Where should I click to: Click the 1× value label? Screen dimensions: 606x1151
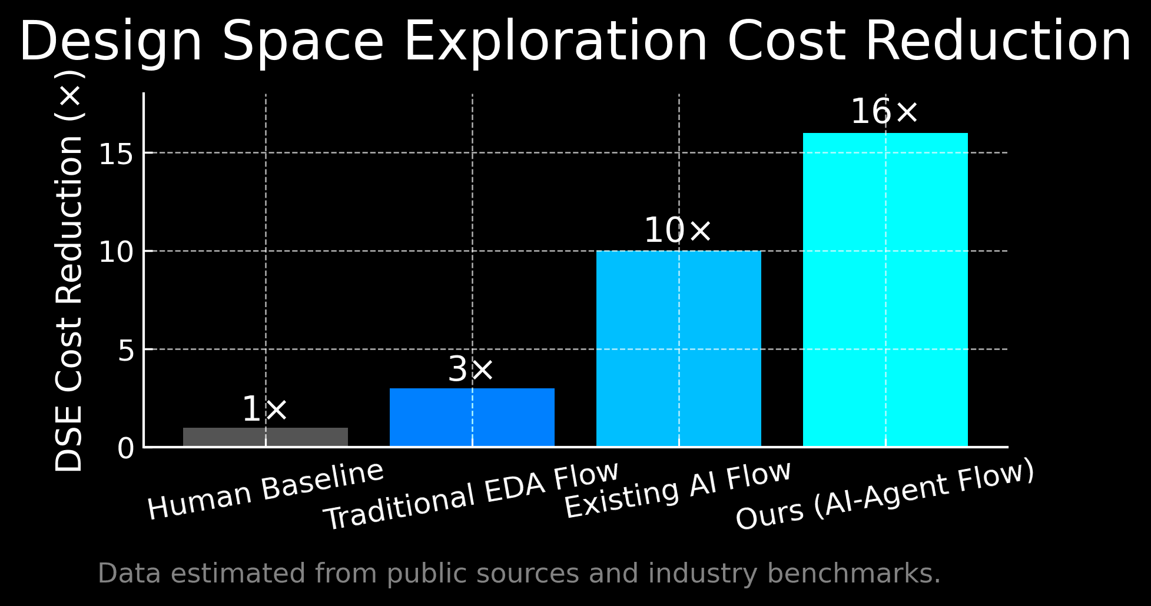265,409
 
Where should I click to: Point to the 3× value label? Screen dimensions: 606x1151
471,369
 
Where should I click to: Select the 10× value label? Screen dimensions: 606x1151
678,231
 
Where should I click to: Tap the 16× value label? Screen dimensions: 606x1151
884,112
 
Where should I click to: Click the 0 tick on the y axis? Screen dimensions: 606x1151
126,449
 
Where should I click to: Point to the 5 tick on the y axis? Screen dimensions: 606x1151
126,351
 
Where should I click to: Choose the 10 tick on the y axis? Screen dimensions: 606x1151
117,252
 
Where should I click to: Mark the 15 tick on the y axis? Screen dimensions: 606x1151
117,155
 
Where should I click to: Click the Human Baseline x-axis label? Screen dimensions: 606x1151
266,491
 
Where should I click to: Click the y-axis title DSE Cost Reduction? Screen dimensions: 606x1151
69,271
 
